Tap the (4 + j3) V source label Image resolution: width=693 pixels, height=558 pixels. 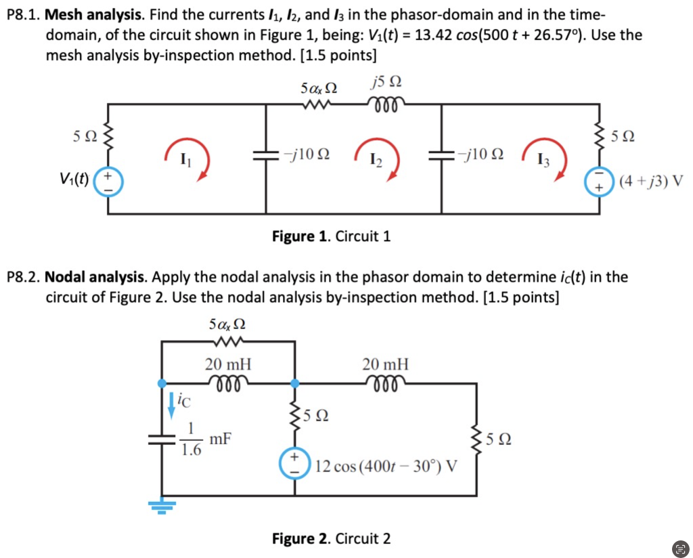[x=650, y=181]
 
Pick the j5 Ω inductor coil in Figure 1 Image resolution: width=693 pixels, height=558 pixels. [x=386, y=104]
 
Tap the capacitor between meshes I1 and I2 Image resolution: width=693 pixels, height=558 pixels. [x=264, y=155]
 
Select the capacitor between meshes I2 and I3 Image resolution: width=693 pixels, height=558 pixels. [x=442, y=155]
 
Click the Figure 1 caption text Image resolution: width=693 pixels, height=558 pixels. [x=331, y=236]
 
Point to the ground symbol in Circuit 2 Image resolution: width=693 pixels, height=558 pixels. [x=162, y=504]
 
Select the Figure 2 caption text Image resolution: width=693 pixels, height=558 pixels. [x=331, y=539]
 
